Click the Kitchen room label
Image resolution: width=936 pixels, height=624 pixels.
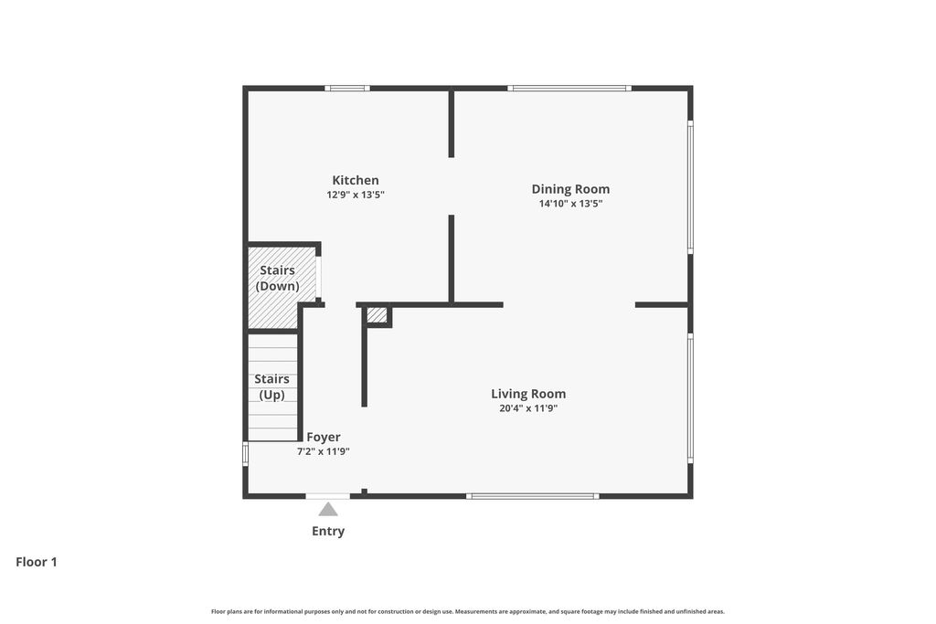[x=356, y=180]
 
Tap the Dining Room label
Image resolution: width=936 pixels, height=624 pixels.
[x=570, y=189]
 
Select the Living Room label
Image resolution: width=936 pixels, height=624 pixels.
[x=528, y=394]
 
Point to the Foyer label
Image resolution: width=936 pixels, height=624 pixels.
[x=324, y=438]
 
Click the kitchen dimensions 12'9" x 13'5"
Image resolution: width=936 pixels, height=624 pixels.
[x=356, y=195]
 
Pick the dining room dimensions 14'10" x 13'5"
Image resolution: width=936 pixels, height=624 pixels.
[x=570, y=204]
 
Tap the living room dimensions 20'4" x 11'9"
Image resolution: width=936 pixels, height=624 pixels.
[x=528, y=408]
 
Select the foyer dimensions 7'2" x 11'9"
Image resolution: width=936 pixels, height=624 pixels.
[x=324, y=451]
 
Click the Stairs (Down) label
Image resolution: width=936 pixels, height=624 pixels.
[x=278, y=278]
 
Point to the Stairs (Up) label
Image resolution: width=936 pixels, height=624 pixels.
[x=271, y=386]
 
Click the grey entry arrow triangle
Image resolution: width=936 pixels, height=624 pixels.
[x=328, y=510]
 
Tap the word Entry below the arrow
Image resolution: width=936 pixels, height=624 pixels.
[x=328, y=531]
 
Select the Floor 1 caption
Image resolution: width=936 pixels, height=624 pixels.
[x=37, y=562]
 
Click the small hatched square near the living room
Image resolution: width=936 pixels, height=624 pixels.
[x=377, y=314]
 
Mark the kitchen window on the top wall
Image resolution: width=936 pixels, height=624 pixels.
[x=347, y=89]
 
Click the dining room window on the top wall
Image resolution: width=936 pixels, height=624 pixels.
[x=569, y=89]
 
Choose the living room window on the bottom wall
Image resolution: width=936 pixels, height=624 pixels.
[x=533, y=496]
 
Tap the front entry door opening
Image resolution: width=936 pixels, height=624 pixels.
[x=328, y=496]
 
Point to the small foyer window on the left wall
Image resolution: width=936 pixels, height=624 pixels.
[x=245, y=453]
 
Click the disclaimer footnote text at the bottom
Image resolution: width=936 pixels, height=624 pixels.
[x=468, y=611]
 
